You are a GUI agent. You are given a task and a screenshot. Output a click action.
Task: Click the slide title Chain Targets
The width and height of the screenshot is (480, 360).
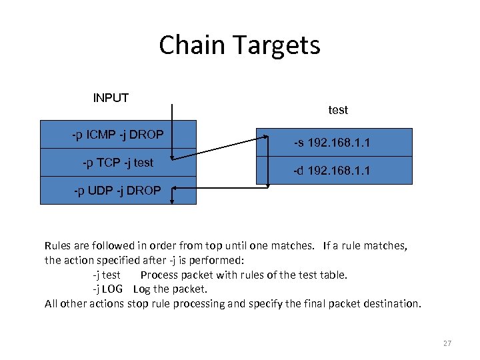click(x=239, y=45)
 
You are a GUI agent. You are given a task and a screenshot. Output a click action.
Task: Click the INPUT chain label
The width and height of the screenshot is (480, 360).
click(x=111, y=98)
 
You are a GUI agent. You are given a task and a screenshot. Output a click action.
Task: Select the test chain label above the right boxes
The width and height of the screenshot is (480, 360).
click(x=338, y=110)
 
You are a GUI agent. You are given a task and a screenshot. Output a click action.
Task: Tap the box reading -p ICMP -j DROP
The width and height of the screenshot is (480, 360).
click(x=118, y=135)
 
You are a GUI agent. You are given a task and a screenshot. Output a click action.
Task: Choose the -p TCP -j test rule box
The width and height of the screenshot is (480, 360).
click(x=118, y=163)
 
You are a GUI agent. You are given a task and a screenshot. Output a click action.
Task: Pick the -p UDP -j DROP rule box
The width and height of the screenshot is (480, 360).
click(x=118, y=191)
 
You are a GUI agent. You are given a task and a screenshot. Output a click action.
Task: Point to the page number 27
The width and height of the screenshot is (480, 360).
click(x=447, y=343)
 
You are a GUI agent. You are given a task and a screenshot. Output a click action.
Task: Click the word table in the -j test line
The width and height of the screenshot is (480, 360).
click(x=333, y=275)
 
